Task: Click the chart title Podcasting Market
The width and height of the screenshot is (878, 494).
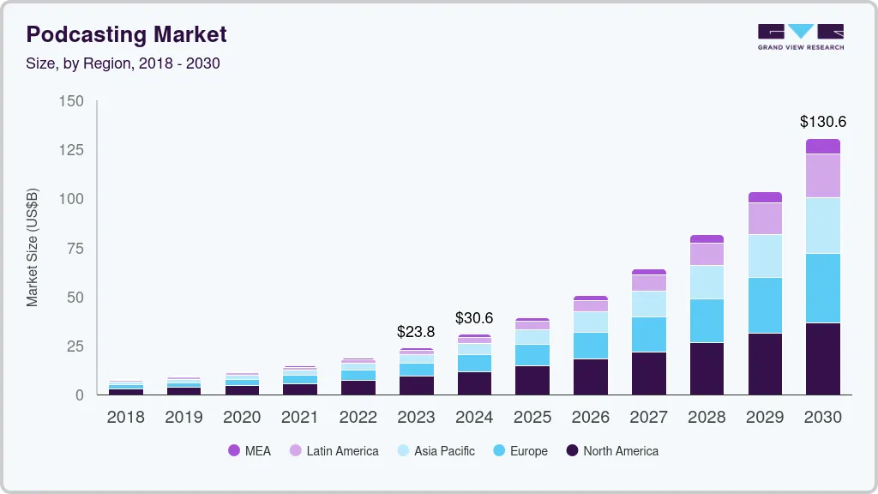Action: click(x=126, y=34)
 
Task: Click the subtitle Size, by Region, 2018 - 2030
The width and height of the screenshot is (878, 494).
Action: click(x=123, y=63)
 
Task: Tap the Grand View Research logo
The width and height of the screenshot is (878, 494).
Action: click(x=800, y=36)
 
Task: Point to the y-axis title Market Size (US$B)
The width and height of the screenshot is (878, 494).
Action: click(x=32, y=247)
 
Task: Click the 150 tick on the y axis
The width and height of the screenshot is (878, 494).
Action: click(x=72, y=101)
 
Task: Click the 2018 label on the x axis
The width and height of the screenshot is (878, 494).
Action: click(x=125, y=418)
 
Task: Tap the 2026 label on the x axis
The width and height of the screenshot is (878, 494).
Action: click(x=590, y=418)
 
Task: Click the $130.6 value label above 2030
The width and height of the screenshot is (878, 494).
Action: click(x=822, y=122)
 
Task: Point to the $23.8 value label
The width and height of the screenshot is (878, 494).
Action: click(x=416, y=331)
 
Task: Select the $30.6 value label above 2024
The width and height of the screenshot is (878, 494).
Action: click(x=474, y=317)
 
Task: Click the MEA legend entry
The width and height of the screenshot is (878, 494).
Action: click(x=249, y=450)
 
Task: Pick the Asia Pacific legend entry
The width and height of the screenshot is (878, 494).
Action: click(x=435, y=450)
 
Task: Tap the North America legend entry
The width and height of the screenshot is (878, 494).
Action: click(x=611, y=450)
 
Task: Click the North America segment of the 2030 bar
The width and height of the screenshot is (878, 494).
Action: click(x=822, y=358)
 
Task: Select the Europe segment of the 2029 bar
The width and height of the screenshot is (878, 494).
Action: click(x=765, y=304)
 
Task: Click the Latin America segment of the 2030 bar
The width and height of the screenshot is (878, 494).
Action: click(x=822, y=175)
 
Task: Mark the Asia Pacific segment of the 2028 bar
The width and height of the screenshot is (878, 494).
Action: click(x=707, y=282)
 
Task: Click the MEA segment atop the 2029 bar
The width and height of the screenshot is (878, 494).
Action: click(x=765, y=197)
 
